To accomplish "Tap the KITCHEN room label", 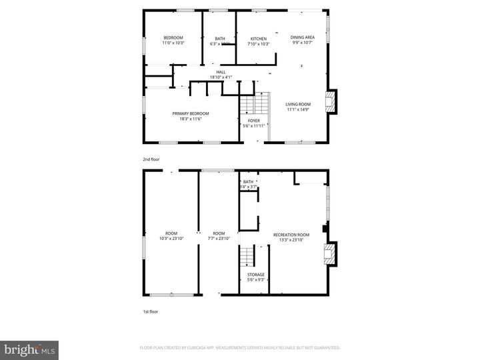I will [x=258, y=39].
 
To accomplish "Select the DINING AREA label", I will [x=302, y=38].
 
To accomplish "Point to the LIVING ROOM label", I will [x=298, y=104].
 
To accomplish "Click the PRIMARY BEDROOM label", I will [x=190, y=113].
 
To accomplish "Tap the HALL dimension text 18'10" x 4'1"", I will [x=220, y=77].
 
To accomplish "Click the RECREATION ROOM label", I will [x=291, y=235].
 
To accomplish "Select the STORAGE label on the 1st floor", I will [x=256, y=275].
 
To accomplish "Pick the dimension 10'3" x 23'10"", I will [x=171, y=239].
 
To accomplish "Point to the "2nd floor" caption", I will [x=151, y=160].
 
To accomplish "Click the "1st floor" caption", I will [x=149, y=311].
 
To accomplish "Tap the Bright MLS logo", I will [x=29, y=350].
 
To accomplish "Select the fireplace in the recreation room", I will [x=329, y=254].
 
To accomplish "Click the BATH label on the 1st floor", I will [x=248, y=182].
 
